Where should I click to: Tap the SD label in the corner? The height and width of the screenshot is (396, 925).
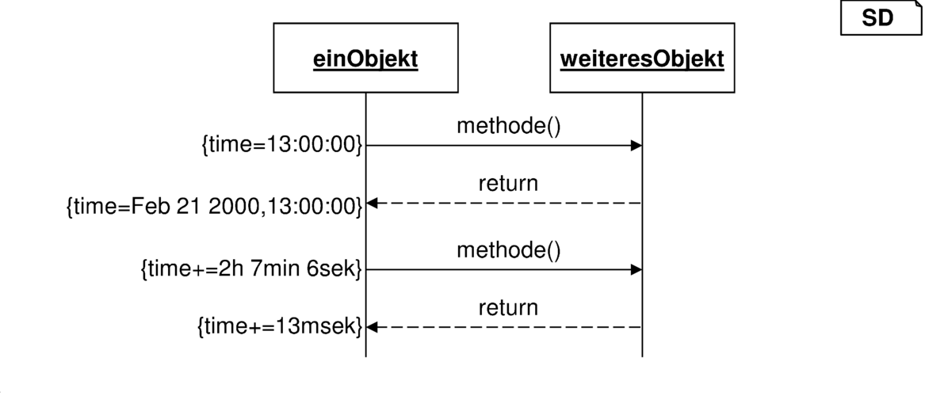[x=878, y=19]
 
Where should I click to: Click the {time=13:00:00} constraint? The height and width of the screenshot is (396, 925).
[x=281, y=145]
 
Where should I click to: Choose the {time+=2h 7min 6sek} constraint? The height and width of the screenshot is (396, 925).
[x=251, y=269]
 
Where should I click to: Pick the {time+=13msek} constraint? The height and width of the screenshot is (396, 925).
[x=279, y=327]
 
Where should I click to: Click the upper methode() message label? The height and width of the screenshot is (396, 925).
[x=508, y=125]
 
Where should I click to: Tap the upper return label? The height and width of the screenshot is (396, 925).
[x=508, y=183]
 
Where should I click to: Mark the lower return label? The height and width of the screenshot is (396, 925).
[x=508, y=307]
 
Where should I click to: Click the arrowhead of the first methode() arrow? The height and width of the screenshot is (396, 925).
[x=636, y=146]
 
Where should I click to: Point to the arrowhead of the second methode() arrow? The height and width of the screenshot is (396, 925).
[x=636, y=270]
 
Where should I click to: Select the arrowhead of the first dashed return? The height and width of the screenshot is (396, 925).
[x=372, y=204]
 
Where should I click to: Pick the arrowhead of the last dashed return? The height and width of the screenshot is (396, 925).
[x=372, y=327]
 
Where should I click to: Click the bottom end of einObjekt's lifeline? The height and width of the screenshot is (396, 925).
[x=365, y=356]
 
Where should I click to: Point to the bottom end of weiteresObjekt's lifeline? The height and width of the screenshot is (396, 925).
[x=642, y=356]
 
